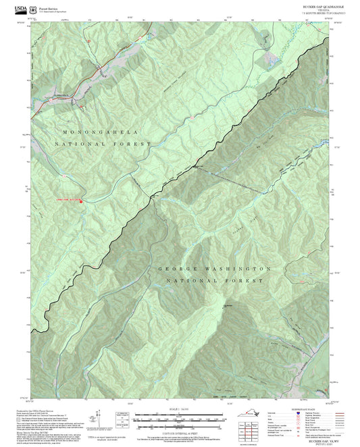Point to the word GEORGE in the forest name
(175, 269)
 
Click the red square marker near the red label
(82, 200)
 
